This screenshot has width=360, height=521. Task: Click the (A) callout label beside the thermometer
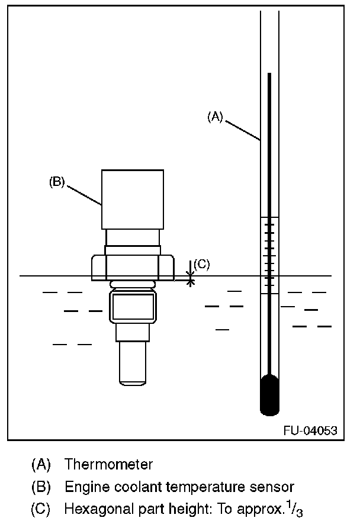tap(215, 117)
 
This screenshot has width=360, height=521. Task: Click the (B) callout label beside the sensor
tap(57, 182)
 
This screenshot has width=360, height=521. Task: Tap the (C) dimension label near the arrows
tap(202, 264)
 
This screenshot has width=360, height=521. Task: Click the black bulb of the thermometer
tap(269, 395)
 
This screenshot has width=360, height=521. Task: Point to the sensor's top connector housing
tap(133, 200)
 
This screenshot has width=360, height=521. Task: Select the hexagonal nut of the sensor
tap(133, 268)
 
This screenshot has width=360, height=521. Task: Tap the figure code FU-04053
tap(310, 430)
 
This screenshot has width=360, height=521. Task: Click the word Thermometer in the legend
tap(109, 464)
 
